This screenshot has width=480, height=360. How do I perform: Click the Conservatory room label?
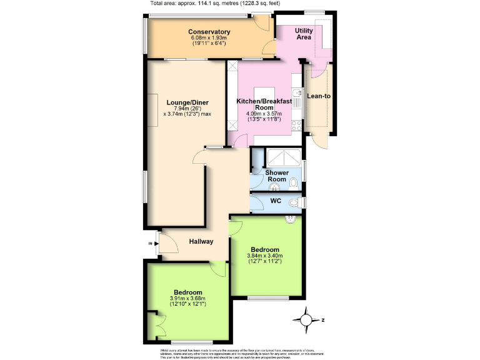point(209,32)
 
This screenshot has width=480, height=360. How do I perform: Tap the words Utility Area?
point(304,34)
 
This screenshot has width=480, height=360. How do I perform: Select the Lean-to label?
point(319,96)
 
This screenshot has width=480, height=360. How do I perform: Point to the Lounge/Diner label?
point(187,102)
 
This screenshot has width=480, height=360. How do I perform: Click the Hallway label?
point(202,241)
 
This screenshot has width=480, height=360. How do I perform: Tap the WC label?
point(276,201)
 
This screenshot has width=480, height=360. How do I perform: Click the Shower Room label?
point(277,176)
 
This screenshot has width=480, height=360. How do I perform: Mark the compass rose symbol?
point(307,320)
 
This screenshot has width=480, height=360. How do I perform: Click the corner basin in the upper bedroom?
point(291,219)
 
